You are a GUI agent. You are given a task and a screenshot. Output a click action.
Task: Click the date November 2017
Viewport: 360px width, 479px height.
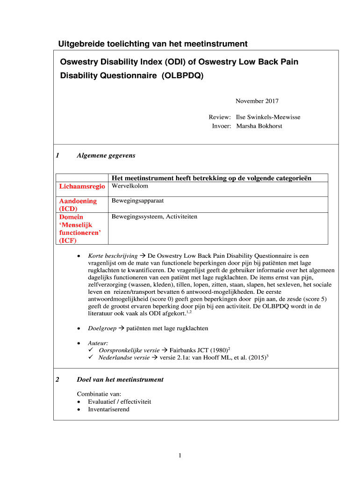tap(257, 101)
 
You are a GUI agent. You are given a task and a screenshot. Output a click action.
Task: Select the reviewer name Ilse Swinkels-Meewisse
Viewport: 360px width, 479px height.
tap(268, 117)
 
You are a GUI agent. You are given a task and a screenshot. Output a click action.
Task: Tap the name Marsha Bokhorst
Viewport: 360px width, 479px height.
tap(259, 126)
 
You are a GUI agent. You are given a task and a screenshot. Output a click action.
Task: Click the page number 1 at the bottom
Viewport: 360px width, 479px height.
tap(180, 456)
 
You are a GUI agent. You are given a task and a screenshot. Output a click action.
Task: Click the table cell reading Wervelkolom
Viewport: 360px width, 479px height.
tap(130, 186)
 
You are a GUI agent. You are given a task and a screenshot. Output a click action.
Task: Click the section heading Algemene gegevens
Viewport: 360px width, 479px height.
tap(106, 156)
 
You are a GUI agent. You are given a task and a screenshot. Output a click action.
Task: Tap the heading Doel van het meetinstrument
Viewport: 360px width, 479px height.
tap(120, 379)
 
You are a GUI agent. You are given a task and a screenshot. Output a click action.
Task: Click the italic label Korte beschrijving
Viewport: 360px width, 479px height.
tap(113, 256)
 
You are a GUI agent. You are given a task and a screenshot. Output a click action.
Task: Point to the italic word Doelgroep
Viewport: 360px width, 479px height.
tap(102, 328)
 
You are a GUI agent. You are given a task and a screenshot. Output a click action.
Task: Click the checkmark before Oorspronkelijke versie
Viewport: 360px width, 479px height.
tap(91, 350)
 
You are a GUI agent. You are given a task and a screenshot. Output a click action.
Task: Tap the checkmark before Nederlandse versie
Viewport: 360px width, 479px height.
tap(91, 357)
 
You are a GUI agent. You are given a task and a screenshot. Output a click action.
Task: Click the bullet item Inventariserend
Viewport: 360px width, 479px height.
tap(108, 409)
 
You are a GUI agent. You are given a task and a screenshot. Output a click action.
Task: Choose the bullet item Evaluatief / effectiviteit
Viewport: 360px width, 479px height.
tap(119, 401)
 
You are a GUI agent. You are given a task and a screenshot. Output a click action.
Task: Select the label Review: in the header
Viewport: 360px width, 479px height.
tap(220, 117)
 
